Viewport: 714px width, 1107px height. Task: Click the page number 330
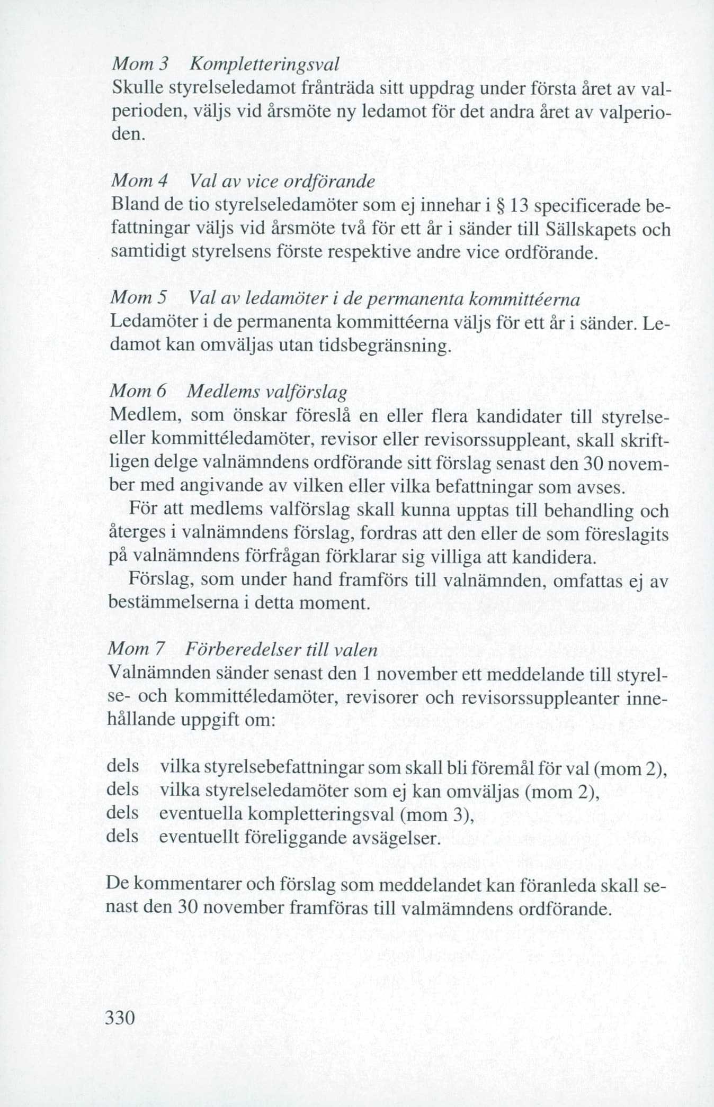(x=122, y=1017)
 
